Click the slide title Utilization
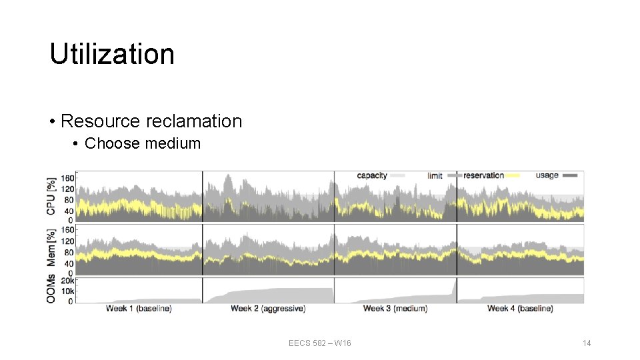click(112, 54)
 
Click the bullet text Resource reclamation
click(151, 121)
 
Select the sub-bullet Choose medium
click(143, 143)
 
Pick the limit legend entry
click(435, 175)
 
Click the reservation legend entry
click(483, 175)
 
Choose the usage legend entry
click(547, 175)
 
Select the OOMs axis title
click(51, 290)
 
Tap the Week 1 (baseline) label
click(138, 309)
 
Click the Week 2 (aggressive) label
click(267, 309)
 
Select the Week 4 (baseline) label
click(520, 309)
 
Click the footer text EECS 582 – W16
click(320, 343)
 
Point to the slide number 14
click(587, 343)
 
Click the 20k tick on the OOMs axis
click(67, 281)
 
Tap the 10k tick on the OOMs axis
click(67, 291)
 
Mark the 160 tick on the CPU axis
click(67, 178)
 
